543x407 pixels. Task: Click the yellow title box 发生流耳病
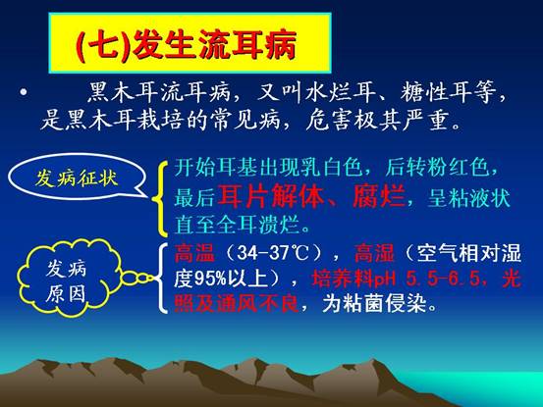(190, 43)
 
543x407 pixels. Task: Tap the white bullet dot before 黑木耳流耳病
(24, 92)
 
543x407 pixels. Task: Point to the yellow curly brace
(161, 197)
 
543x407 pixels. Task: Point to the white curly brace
(161, 278)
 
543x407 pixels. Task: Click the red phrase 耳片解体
(270, 198)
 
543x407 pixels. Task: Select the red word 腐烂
(379, 198)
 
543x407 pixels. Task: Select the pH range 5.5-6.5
(443, 279)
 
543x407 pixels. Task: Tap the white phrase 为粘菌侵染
(374, 304)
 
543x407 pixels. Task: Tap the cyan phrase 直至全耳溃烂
(237, 225)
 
